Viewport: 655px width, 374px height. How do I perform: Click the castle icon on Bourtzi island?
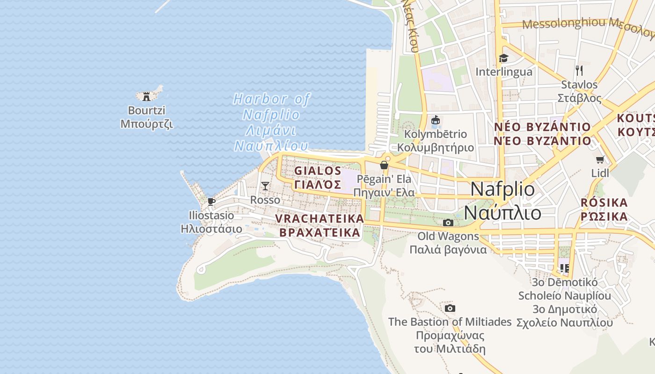point(146,96)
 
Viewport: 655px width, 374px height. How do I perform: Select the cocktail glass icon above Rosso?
point(265,186)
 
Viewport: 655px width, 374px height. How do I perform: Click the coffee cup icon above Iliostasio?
point(211,201)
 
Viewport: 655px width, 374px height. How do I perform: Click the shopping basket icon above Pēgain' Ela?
point(384,165)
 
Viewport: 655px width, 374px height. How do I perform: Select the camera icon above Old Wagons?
point(448,223)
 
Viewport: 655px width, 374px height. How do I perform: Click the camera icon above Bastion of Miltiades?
point(450,308)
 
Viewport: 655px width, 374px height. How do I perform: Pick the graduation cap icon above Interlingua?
point(503,58)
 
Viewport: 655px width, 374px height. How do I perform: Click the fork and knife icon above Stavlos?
point(579,71)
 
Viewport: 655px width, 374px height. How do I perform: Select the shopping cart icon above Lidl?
point(600,159)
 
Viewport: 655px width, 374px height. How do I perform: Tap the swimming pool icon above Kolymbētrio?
point(436,121)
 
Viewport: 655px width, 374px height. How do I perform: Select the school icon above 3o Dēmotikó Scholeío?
point(564,268)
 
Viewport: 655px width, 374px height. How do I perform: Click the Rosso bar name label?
point(265,200)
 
